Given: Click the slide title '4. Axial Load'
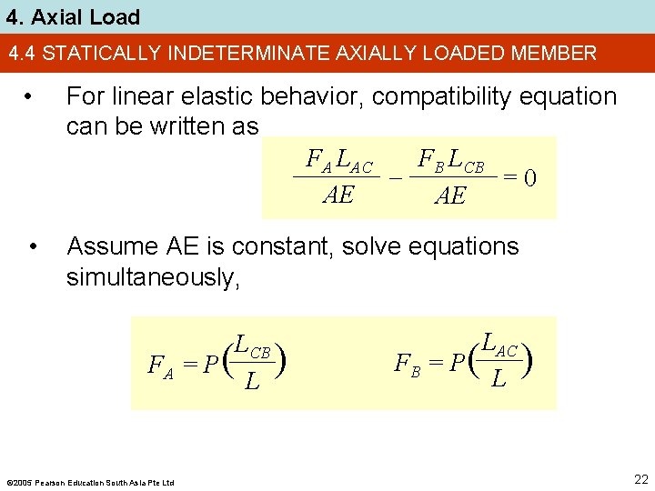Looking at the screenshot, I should pos(71,16).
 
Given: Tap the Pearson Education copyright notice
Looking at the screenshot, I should pos(90,482).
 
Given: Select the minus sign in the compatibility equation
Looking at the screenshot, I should pos(396,179).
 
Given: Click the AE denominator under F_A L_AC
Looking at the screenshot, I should pos(338,195).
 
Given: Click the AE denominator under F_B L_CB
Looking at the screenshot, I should pos(450,195).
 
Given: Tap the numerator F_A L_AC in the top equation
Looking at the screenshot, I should pos(339,162).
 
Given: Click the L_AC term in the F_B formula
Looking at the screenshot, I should pos(499,345).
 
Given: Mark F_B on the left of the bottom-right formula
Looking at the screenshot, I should pos(407,365).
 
